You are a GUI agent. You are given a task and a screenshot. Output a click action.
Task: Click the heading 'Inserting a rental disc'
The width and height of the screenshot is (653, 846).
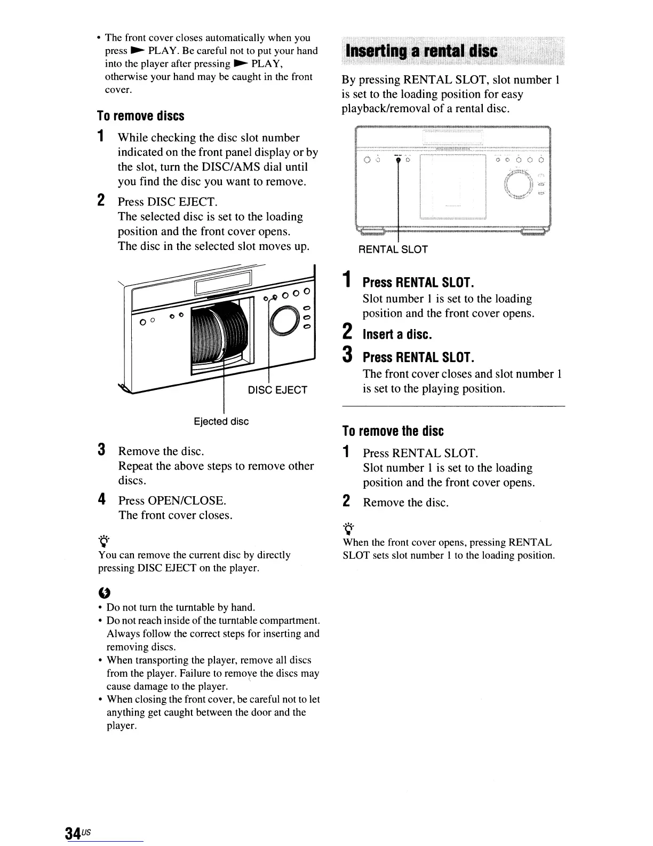421,51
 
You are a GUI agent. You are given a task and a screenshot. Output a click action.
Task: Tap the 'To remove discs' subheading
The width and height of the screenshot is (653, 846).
140,116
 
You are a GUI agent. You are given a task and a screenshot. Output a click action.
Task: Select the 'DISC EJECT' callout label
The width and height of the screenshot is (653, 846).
277,390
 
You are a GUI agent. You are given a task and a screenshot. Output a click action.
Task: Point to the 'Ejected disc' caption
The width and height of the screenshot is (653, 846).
221,421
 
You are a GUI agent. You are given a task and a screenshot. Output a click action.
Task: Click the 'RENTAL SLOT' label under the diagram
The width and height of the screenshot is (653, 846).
393,249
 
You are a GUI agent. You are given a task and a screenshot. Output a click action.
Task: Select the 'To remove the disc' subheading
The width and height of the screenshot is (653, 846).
393,431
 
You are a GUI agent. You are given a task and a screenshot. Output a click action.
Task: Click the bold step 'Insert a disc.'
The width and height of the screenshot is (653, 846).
397,334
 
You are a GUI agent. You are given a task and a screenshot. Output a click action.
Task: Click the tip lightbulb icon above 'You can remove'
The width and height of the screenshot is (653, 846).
104,540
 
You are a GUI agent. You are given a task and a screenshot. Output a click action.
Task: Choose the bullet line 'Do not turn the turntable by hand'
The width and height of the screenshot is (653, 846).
181,607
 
